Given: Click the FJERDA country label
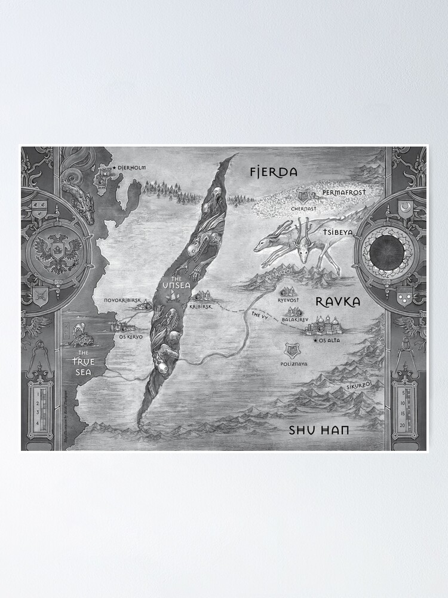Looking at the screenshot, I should coord(273,173).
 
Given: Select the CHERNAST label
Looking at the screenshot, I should coord(303,209).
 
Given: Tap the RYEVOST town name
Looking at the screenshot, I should coord(289,301).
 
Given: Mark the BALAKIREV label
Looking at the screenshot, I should coord(294,320).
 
